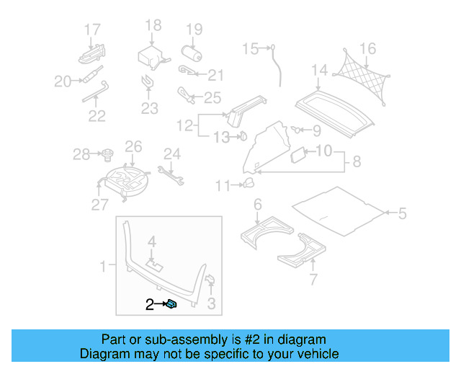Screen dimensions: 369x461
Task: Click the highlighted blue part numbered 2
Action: point(172,305)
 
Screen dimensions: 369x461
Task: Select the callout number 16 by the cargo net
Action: point(368,49)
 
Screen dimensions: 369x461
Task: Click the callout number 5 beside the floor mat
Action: point(402,213)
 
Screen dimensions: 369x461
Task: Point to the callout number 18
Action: point(153,26)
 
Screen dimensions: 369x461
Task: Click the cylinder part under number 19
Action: point(193,55)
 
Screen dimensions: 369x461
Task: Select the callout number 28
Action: point(81,154)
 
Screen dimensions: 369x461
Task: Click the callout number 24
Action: point(171,154)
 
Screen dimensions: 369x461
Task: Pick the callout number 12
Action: point(185,125)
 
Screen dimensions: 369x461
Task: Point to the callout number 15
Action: point(250,49)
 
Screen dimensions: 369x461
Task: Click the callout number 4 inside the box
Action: point(152,241)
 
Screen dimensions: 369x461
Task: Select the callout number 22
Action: point(97,115)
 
